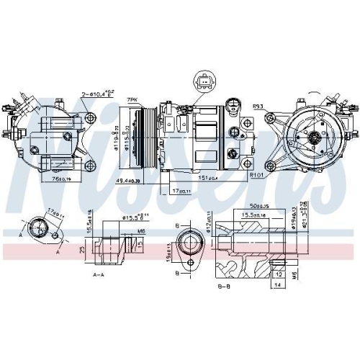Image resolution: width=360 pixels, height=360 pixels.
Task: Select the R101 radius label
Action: [256, 174]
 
